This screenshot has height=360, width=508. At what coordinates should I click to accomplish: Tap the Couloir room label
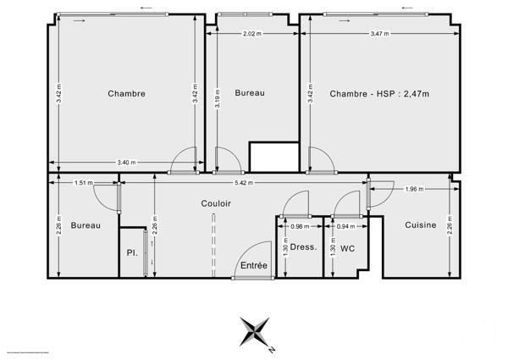tap(217, 203)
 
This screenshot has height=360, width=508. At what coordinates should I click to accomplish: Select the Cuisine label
tap(420, 224)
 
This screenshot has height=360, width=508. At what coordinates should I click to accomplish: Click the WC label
tap(347, 249)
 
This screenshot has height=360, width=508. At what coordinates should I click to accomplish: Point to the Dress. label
tap(303, 248)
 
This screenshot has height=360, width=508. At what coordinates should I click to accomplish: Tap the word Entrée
tap(253, 265)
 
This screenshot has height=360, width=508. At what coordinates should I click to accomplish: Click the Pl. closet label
tap(131, 252)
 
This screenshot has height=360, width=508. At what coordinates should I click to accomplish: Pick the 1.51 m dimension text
tap(84, 182)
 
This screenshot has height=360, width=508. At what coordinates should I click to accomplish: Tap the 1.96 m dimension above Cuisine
tap(415, 189)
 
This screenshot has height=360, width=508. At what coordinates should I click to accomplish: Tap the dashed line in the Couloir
tap(213, 246)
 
